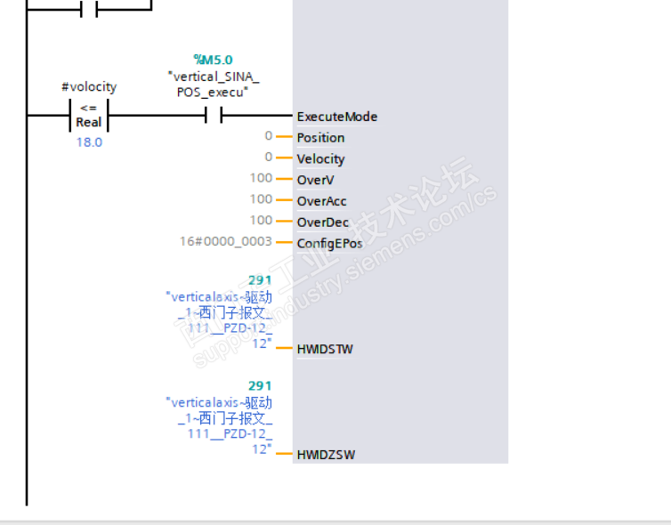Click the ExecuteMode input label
336,117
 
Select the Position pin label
320,138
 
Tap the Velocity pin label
320,159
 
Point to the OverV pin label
315,180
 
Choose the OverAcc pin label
321,201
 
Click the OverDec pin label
322,222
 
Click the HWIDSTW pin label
325,349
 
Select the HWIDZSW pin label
326,455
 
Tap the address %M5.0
213,60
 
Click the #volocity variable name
89,86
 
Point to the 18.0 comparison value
89,142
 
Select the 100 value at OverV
261,178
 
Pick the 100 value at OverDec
261,220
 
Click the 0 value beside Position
268,135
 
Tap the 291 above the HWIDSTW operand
260,280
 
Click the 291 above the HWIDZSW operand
260,385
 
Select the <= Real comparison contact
88,117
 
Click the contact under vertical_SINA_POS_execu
213,116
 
